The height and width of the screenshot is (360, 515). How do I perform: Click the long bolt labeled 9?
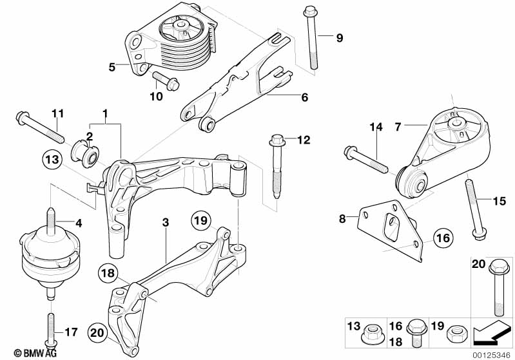[x=311, y=38]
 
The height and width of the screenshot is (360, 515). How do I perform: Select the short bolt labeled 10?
[x=166, y=81]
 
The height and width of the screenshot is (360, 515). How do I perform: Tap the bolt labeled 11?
[x=39, y=128]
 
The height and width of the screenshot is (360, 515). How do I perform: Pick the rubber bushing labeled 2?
[x=85, y=154]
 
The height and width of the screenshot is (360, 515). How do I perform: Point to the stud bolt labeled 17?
[x=51, y=332]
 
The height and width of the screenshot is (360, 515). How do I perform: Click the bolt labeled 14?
[x=366, y=160]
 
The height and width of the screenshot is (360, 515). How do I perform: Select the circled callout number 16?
[x=443, y=238]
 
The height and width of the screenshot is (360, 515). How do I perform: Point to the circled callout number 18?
[x=108, y=272]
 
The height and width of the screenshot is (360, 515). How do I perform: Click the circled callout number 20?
[x=98, y=333]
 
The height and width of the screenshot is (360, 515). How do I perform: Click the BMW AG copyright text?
[x=35, y=353]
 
